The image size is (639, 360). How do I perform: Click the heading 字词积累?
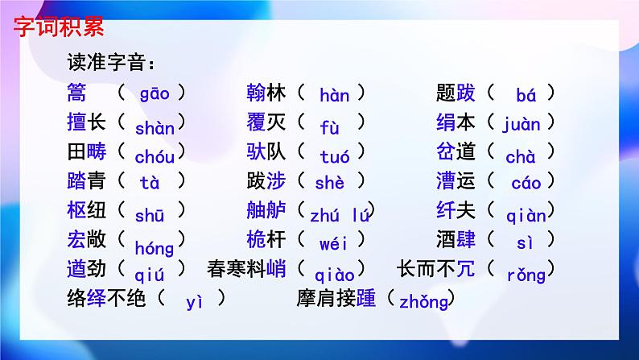pyautogui.click(x=59, y=26)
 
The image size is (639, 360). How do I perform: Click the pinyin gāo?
pyautogui.click(x=154, y=93)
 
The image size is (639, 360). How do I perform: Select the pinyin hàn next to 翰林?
pyautogui.click(x=334, y=97)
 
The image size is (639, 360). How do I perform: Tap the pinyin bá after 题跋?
pyautogui.click(x=526, y=97)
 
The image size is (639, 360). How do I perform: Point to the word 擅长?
pyautogui.click(x=86, y=123)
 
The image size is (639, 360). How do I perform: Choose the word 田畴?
pyautogui.click(x=86, y=152)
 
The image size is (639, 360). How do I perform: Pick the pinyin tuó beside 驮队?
pyautogui.click(x=334, y=155)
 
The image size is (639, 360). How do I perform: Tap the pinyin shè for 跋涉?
pyautogui.click(x=329, y=184)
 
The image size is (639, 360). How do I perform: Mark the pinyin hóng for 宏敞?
pyautogui.click(x=154, y=246)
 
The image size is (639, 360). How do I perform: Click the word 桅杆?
pyautogui.click(x=266, y=240)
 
